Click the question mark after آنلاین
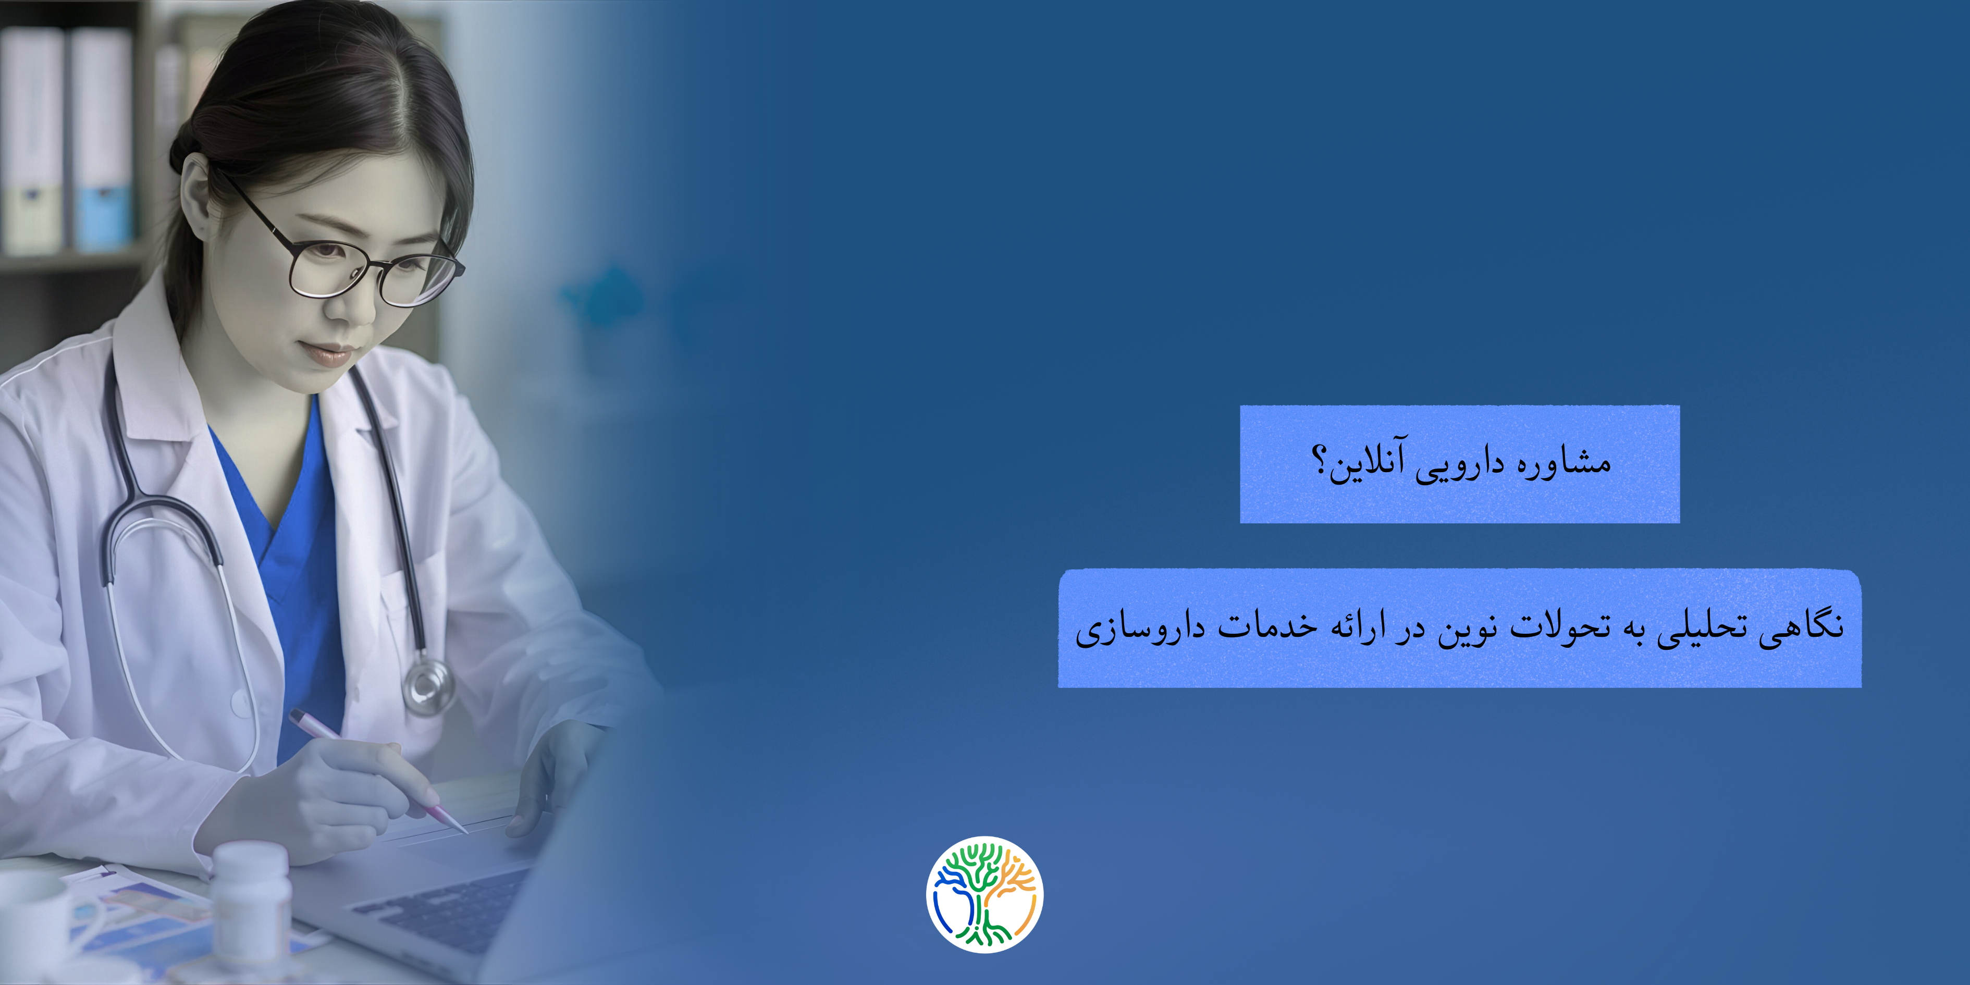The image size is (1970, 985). click(x=1319, y=461)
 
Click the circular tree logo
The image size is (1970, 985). click(x=984, y=894)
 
